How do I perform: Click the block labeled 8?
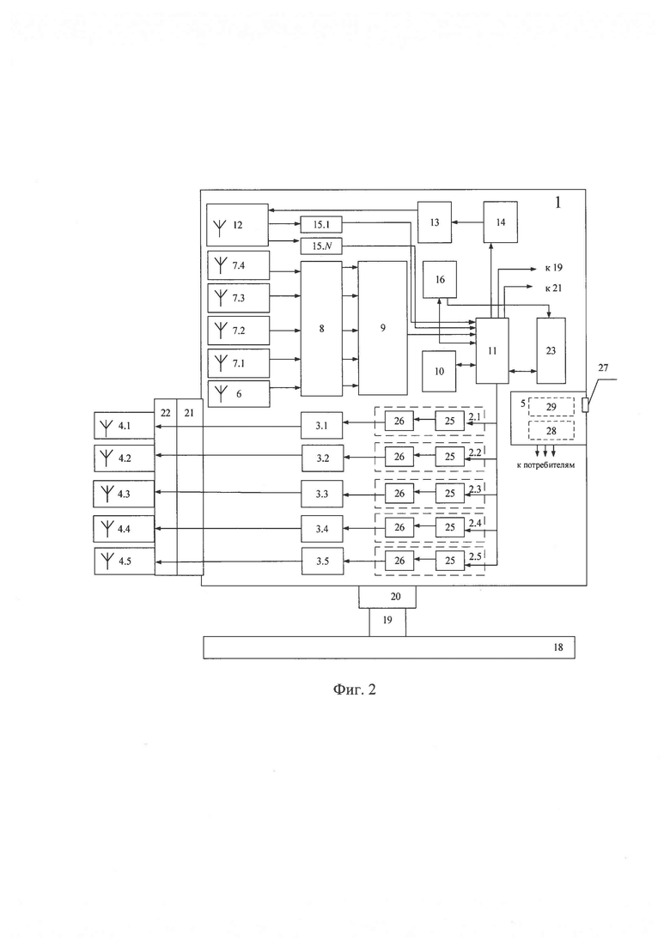[x=321, y=329]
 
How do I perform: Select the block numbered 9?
[x=382, y=328]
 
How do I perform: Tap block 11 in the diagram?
[x=492, y=350]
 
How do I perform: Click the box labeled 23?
[x=551, y=350]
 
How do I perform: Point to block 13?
[x=435, y=222]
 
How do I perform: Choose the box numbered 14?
[x=500, y=222]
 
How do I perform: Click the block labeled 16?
[x=439, y=279]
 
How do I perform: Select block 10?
[x=439, y=371]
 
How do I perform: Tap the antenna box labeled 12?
[x=237, y=225]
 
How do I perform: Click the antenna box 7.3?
[x=238, y=298]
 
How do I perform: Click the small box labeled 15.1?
[x=321, y=225]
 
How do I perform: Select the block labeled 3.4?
[x=323, y=529]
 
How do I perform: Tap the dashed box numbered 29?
[x=551, y=407]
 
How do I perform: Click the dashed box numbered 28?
[x=551, y=431]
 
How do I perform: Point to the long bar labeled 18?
[x=388, y=647]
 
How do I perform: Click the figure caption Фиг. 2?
[x=355, y=689]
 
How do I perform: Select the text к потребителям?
[x=545, y=465]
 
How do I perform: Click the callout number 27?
[x=603, y=367]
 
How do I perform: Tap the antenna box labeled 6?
[x=238, y=394]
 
